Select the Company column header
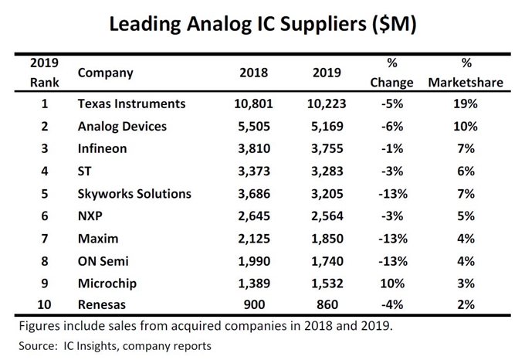tap(106, 73)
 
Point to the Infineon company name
tap(104, 148)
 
